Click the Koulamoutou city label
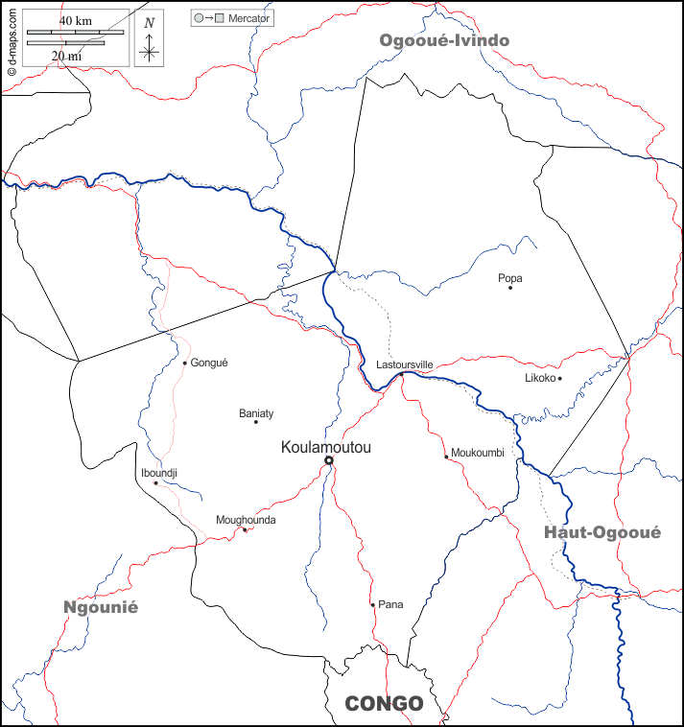tap(325, 447)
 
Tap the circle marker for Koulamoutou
tap(328, 461)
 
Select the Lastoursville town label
tap(404, 365)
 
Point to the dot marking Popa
tap(510, 288)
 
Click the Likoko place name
tap(540, 378)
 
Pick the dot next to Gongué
tap(185, 363)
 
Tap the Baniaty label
tap(256, 413)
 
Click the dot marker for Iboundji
tap(155, 482)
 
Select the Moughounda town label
tap(246, 520)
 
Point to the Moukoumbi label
tap(477, 453)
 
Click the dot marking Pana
tap(373, 604)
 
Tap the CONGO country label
tap(384, 704)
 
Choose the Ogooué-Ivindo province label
tap(444, 40)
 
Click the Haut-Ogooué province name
tap(601, 533)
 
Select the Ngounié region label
tap(101, 607)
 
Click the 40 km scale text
tap(75, 20)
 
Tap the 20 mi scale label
tap(66, 56)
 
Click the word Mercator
tap(248, 18)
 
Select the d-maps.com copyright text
tap(12, 38)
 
